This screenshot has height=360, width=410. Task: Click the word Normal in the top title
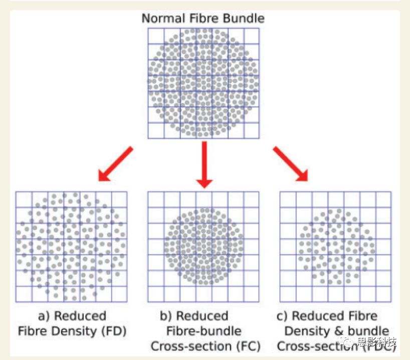click(x=161, y=19)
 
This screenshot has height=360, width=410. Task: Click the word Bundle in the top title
click(x=244, y=19)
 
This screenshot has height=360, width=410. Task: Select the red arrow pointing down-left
click(x=116, y=163)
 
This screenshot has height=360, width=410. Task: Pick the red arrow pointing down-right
click(x=291, y=163)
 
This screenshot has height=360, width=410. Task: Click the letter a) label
click(x=44, y=316)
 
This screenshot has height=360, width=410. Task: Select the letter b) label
click(x=166, y=316)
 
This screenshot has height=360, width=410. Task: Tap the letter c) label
click(x=283, y=316)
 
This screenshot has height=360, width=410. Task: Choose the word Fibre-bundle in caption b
click(x=203, y=331)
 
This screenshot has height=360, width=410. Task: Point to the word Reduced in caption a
click(x=80, y=316)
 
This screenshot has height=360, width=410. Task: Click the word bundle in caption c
click(x=364, y=331)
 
